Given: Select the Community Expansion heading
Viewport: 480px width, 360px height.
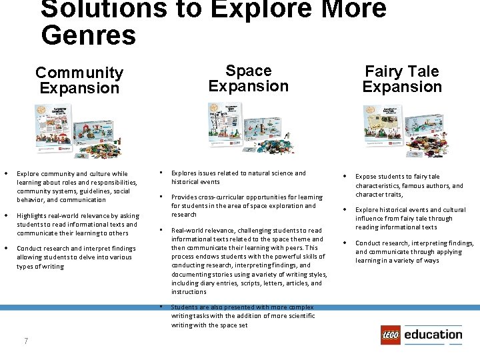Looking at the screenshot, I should (x=79, y=80).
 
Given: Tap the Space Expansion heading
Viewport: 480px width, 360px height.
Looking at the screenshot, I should (x=248, y=79).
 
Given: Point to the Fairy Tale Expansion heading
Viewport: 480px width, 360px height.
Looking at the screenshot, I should (x=402, y=79).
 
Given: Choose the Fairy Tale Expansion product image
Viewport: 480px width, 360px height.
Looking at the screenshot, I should (x=401, y=131).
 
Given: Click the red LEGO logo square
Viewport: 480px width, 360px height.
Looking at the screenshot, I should (x=391, y=335).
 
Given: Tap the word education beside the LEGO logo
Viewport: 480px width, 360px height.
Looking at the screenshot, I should (x=433, y=335).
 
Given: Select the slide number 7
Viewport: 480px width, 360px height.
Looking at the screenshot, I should (x=25, y=341).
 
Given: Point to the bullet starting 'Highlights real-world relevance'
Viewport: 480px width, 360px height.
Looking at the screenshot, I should (x=77, y=225).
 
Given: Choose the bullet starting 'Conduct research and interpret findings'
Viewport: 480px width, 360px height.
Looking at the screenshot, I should (x=75, y=257).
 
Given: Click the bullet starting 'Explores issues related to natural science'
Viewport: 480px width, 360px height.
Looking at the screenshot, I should (x=238, y=177).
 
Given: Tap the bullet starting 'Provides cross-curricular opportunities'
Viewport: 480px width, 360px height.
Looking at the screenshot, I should (x=247, y=205).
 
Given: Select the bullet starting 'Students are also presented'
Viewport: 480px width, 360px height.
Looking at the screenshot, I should (x=242, y=316).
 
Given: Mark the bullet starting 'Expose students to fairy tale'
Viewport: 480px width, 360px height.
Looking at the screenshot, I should (x=409, y=185).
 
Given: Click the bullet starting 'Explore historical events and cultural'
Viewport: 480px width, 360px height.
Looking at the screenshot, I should (x=410, y=218).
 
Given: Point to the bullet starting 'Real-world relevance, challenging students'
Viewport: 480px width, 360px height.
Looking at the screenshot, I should (x=248, y=261).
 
